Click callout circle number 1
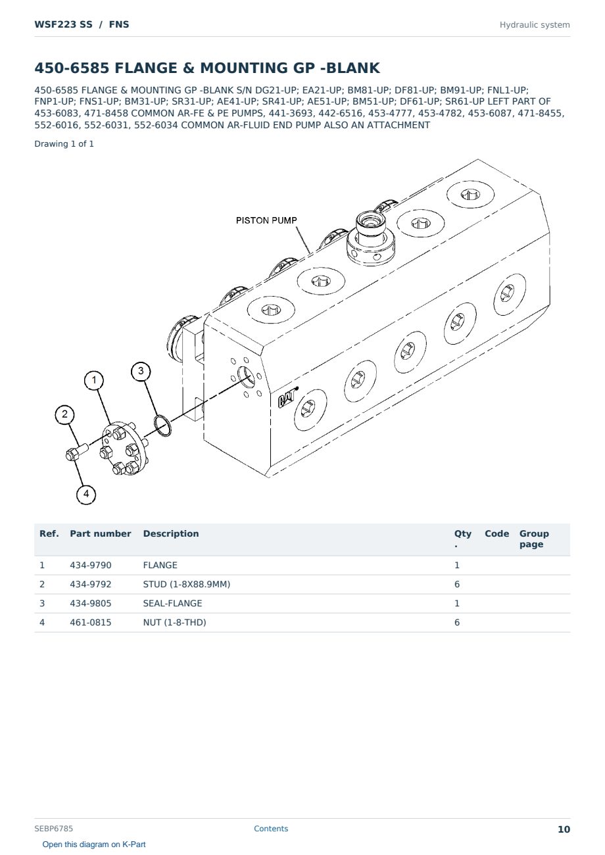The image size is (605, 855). click(94, 380)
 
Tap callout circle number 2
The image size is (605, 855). click(64, 414)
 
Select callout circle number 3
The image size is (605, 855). click(141, 371)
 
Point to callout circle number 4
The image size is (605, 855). click(86, 495)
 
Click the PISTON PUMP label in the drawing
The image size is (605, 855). click(266, 220)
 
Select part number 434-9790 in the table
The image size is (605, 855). click(91, 566)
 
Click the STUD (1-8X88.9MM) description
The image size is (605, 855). click(187, 585)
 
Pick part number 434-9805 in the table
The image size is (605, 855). click(91, 604)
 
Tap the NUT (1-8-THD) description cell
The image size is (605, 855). click(174, 623)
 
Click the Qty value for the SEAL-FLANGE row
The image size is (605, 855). click(457, 604)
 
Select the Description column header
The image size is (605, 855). click(171, 533)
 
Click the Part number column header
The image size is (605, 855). click(101, 533)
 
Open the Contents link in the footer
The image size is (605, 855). click(271, 829)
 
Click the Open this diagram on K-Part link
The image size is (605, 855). click(94, 844)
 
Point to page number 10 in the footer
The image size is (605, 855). click(564, 829)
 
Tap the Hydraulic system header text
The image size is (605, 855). click(535, 25)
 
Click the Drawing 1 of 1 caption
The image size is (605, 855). click(64, 144)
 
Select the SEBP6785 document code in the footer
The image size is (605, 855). click(53, 829)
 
